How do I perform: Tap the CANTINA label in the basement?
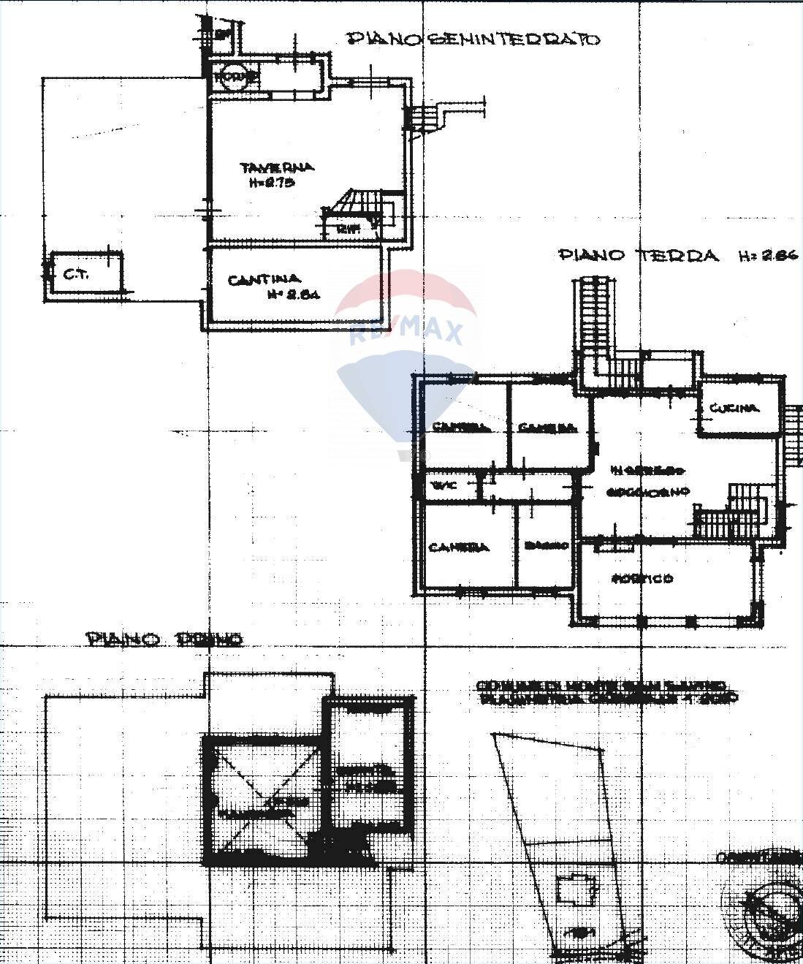tap(264, 279)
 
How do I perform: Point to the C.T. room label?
tap(76, 275)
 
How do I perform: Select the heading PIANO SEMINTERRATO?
tap(473, 39)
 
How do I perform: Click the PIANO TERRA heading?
tap(639, 255)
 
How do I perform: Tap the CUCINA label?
tap(734, 408)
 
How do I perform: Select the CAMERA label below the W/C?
tap(458, 547)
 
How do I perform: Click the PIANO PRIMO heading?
tap(164, 640)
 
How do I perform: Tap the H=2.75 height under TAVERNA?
tap(272, 183)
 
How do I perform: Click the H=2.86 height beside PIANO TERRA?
tap(769, 255)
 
